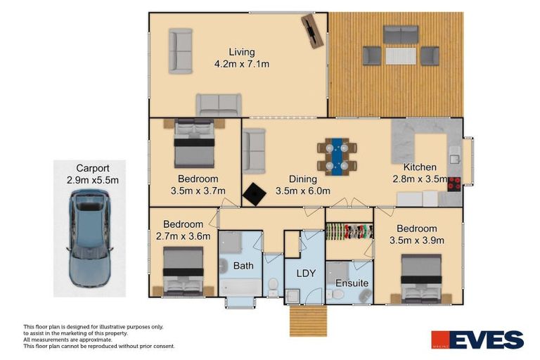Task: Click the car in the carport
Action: (x=89, y=238)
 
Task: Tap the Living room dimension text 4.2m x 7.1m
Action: (x=242, y=64)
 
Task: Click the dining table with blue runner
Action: (x=337, y=156)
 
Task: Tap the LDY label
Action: (x=304, y=272)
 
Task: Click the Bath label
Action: (x=243, y=266)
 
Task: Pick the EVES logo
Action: (x=477, y=340)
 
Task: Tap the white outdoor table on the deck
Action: (x=401, y=56)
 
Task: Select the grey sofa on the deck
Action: (x=401, y=34)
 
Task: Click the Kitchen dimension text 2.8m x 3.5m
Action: (x=420, y=179)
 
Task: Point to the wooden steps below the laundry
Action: (x=308, y=321)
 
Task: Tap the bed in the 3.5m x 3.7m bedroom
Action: (x=195, y=143)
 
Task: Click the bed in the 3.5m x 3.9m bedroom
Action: (x=421, y=278)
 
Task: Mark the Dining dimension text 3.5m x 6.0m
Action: (x=302, y=191)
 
